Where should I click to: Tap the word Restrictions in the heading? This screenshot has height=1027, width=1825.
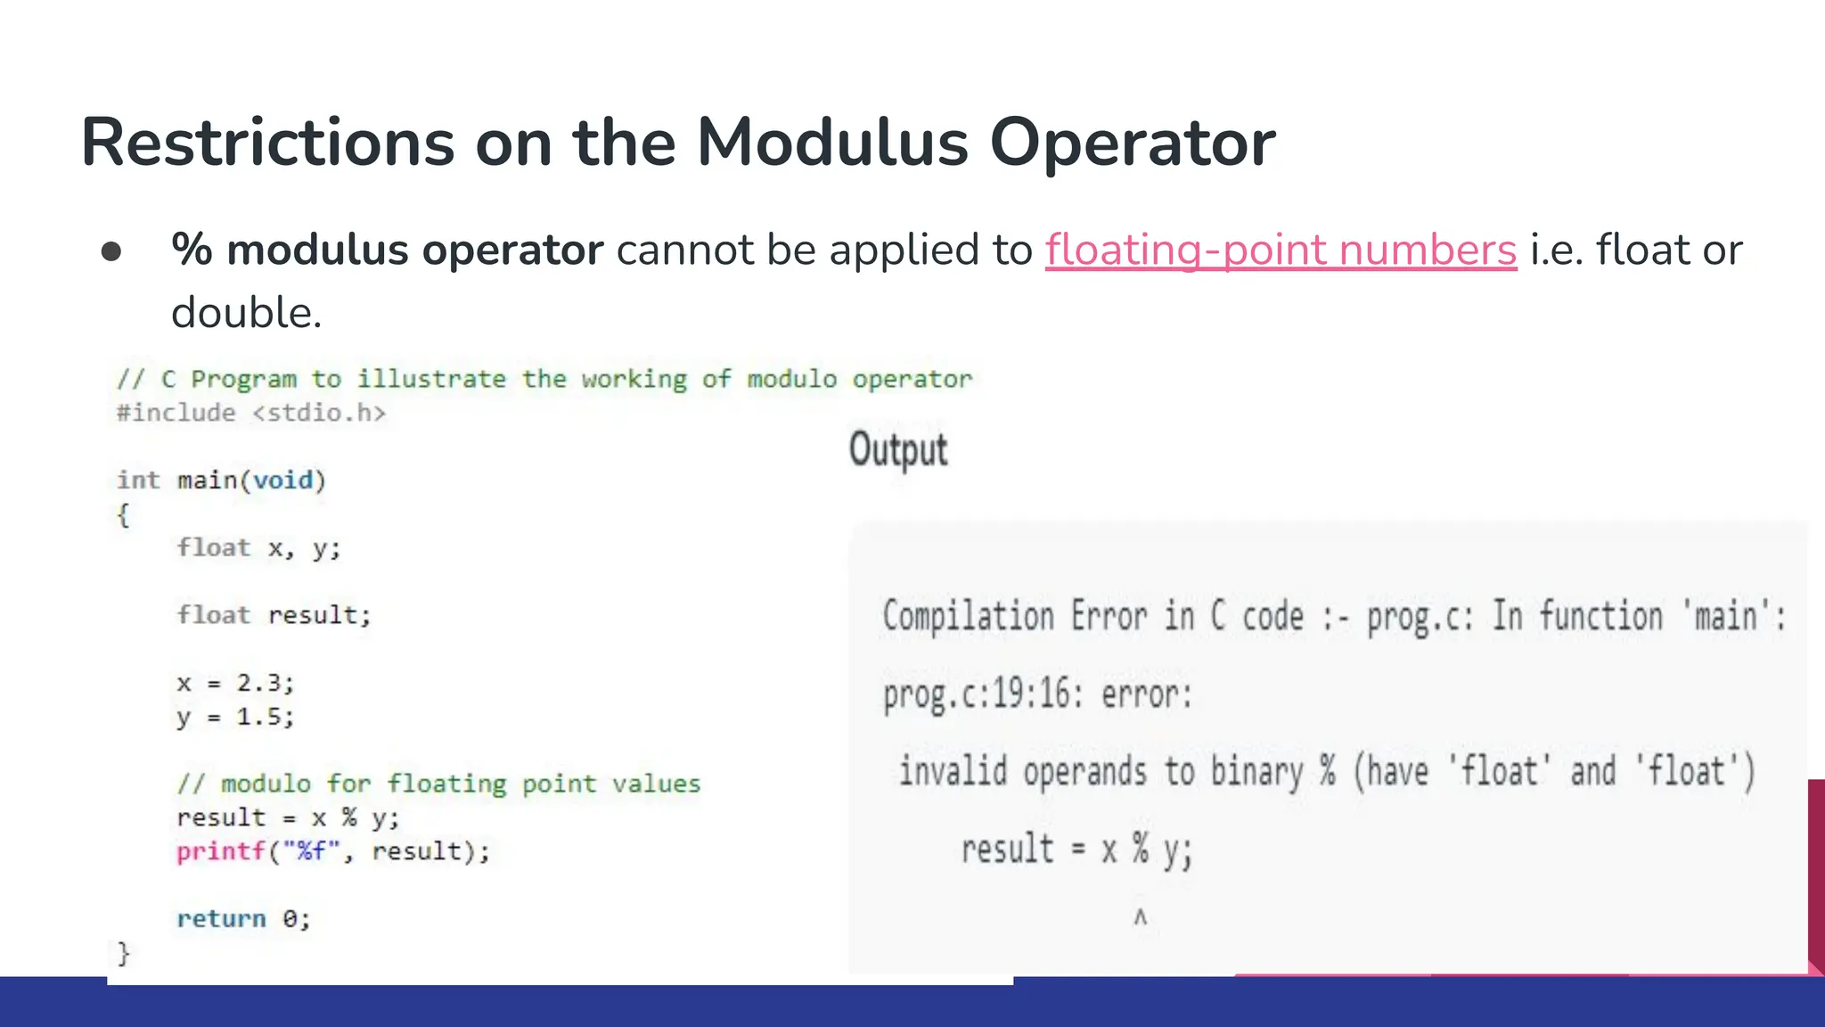[267, 143]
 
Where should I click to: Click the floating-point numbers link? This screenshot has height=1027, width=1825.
[1281, 250]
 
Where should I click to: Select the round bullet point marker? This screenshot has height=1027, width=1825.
[111, 251]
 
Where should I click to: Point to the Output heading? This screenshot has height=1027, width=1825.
[897, 449]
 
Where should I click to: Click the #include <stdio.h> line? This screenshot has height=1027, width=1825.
[251, 413]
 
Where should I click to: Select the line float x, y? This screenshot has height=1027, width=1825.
[258, 547]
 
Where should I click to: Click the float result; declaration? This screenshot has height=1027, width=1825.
[274, 615]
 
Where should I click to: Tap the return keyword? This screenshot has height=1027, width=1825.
[221, 919]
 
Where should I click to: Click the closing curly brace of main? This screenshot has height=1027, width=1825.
[124, 954]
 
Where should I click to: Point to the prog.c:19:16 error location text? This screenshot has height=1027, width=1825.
[983, 694]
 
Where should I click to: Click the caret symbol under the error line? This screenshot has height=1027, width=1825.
[1140, 916]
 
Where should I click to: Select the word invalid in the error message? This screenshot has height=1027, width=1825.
[953, 771]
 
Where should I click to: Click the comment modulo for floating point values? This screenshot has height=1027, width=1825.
[438, 784]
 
